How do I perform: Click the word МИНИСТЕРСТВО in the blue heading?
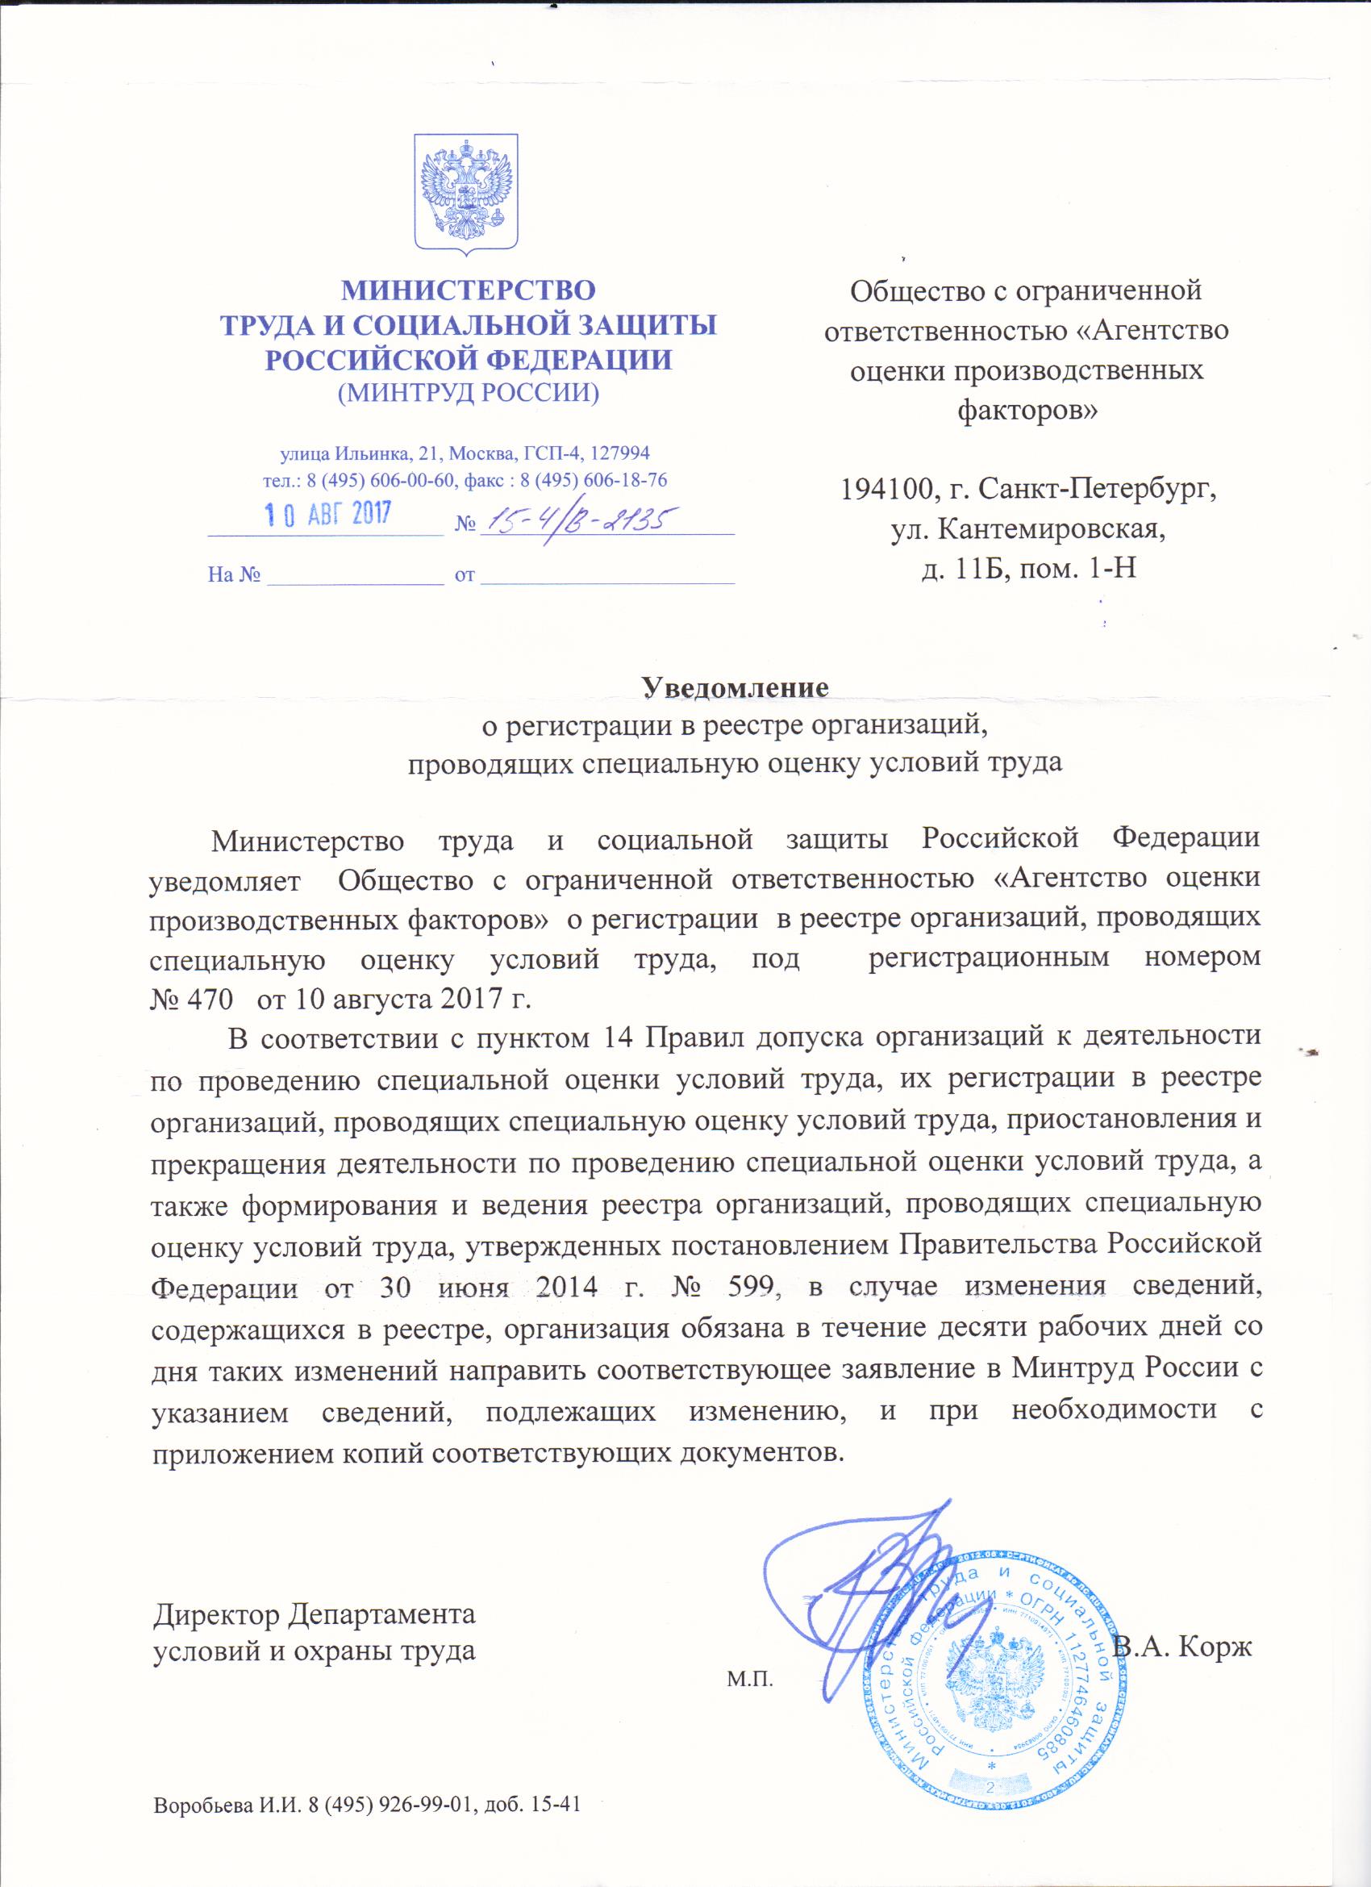tap(470, 290)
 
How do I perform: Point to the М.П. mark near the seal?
tap(749, 1655)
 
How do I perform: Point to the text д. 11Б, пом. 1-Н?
tap(1029, 570)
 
